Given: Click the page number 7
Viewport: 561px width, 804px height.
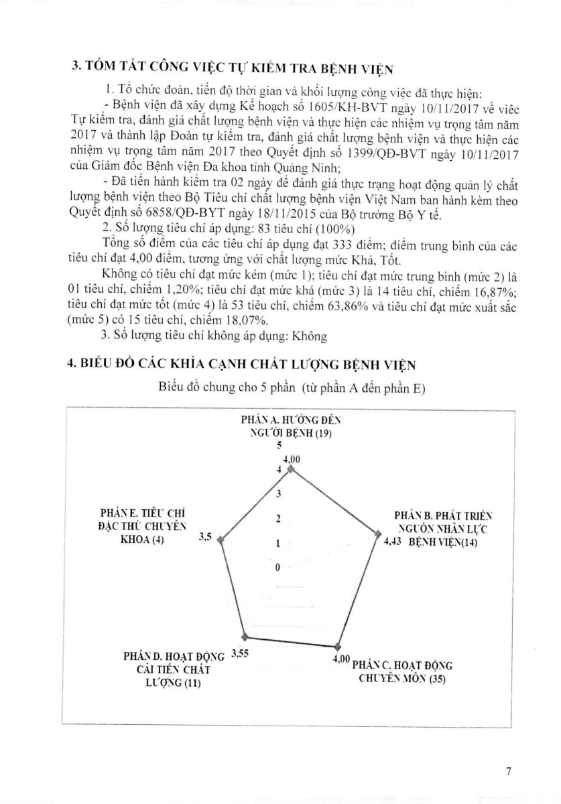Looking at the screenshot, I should click(x=509, y=771).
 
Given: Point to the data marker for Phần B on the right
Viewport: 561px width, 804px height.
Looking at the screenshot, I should click(x=376, y=534).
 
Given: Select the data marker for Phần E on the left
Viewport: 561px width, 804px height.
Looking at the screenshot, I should click(x=223, y=539).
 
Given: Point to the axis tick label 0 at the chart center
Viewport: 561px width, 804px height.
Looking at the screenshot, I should click(x=278, y=568).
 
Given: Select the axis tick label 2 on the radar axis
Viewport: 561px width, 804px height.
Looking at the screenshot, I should click(x=278, y=519).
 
